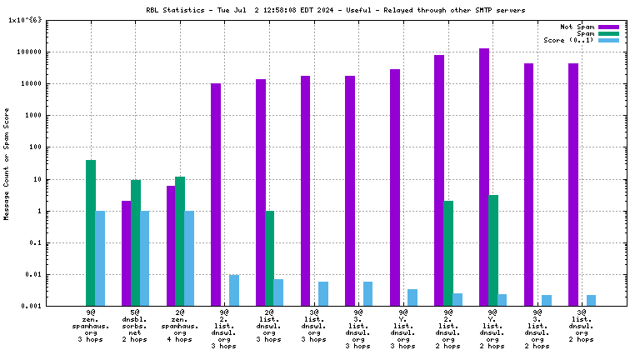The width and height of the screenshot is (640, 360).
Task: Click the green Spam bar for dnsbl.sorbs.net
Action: pos(136,242)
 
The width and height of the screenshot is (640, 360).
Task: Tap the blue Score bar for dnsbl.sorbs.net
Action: pos(145,258)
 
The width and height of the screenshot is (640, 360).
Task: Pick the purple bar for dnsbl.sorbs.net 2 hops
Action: pos(127,253)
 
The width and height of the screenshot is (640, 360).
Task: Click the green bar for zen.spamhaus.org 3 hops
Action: pos(91,232)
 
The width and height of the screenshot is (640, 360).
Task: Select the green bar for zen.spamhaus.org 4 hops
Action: pos(180,241)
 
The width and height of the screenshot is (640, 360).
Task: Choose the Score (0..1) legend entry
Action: pos(569,40)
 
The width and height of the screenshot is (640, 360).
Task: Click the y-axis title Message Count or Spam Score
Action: pos(7,162)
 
